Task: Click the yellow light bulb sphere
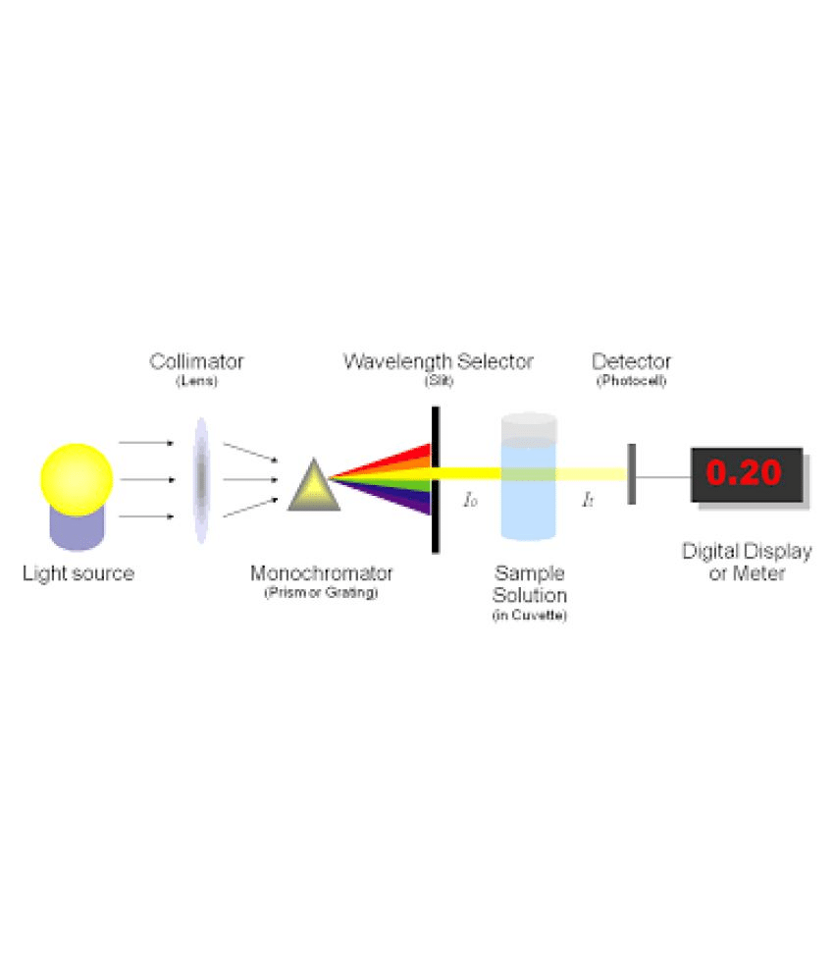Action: click(x=77, y=479)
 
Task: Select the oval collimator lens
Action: click(x=201, y=480)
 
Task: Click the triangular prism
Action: click(x=314, y=486)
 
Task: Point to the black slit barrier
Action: click(x=436, y=480)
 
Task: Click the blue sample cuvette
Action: click(x=529, y=476)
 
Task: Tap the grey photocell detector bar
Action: click(x=632, y=474)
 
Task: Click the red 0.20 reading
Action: click(x=744, y=472)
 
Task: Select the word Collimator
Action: click(x=196, y=361)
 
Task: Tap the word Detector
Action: click(x=631, y=361)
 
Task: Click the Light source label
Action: click(x=78, y=573)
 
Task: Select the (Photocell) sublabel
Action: click(x=632, y=381)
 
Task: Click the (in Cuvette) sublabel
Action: click(x=530, y=616)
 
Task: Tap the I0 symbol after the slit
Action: click(x=470, y=500)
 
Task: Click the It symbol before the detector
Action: click(x=588, y=500)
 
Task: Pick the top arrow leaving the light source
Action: click(x=146, y=443)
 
